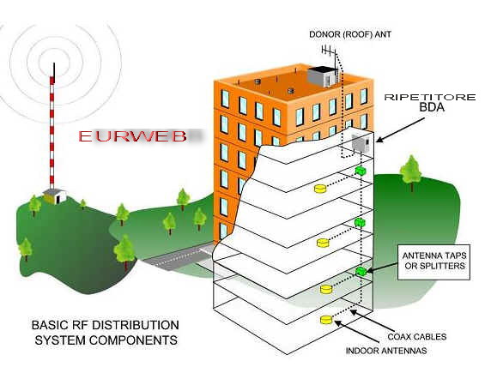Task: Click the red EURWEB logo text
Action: pos(133,136)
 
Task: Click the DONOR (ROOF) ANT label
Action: pos(350,34)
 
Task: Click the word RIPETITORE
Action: pos(430,98)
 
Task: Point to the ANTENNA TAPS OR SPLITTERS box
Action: pos(433,262)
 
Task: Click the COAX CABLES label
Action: pos(417,336)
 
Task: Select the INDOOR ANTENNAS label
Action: pos(386,351)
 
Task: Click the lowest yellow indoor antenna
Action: pos(326,320)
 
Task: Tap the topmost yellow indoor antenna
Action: pos(320,189)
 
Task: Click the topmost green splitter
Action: pos(360,171)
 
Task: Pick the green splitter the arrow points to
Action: pos(361,271)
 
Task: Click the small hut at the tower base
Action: pos(56,196)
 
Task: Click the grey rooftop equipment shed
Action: pos(323,76)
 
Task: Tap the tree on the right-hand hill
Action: pos(411,173)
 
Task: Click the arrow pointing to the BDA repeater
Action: pos(400,129)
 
